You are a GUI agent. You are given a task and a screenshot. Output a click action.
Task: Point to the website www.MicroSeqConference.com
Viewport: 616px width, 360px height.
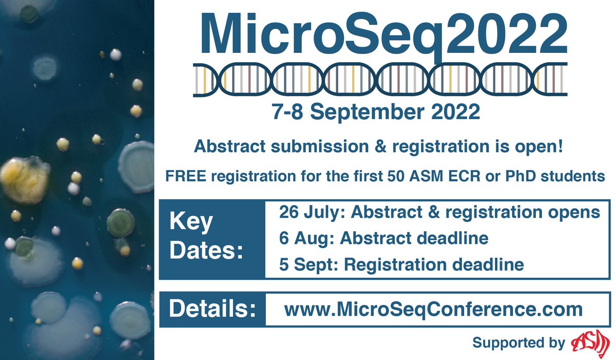433,310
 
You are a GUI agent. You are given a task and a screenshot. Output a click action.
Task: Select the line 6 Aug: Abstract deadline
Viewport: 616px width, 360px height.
383,238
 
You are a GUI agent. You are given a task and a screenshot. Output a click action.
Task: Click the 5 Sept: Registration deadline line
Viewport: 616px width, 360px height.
401,264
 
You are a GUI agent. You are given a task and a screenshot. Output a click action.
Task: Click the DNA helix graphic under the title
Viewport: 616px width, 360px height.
380,80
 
